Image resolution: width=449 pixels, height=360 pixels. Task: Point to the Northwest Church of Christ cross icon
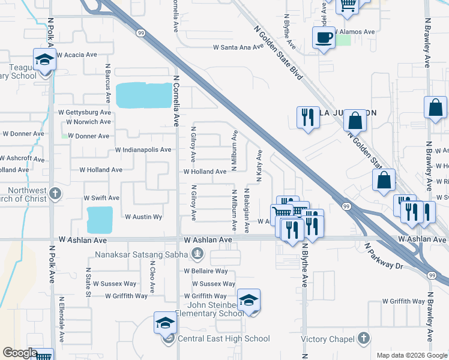pos(55,193)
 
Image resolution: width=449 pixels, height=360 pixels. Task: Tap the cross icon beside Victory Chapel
pos(363,339)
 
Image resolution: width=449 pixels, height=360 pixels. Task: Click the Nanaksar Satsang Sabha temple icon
pos(196,254)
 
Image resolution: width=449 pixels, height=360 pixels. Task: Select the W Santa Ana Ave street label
pos(238,47)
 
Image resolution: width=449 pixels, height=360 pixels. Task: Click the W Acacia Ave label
pos(76,55)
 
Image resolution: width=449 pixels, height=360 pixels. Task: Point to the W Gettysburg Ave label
pos(85,112)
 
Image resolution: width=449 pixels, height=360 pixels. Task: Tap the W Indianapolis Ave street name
pos(143,149)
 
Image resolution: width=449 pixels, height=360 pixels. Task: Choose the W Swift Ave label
pos(101,197)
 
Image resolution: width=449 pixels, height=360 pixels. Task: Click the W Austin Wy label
pos(143,217)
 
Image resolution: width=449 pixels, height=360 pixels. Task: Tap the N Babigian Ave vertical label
pos(247,211)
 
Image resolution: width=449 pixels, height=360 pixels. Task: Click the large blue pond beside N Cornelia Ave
pos(143,95)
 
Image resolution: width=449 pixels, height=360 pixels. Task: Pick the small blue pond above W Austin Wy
pos(100,220)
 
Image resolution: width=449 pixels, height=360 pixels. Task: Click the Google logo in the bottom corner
pos(19,353)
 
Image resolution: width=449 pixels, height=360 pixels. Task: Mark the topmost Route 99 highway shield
pos(141,33)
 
